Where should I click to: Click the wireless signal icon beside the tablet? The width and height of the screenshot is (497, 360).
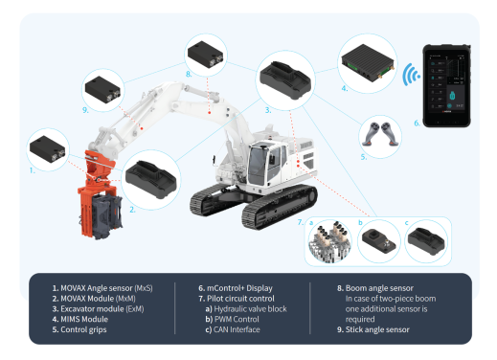409,76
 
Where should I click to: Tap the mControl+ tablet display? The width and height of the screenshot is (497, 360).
446,85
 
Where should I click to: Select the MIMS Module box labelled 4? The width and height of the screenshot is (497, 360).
368,63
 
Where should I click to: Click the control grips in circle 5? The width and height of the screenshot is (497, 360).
380,134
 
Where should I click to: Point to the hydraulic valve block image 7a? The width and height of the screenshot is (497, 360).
329,241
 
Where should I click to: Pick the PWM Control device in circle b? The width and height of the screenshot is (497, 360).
379,241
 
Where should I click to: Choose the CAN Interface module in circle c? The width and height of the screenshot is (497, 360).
426,241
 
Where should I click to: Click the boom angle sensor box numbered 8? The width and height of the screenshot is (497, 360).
205,55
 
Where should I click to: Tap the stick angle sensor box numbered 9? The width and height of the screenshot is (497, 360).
102,89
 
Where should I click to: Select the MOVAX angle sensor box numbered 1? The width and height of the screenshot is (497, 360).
47,149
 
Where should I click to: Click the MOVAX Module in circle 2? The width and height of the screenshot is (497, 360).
150,179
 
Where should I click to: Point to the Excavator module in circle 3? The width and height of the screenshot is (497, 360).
285,80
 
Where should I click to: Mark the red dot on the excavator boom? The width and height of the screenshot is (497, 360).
209,112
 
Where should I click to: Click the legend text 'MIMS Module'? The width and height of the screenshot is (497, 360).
84,319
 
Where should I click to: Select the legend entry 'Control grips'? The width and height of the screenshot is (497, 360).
83,329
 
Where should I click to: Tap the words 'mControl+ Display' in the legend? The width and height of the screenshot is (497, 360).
239,288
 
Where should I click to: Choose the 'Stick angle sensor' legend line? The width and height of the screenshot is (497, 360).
377,329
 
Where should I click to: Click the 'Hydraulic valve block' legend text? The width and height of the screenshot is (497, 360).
250,309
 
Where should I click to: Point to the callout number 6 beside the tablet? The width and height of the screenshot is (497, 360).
417,123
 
